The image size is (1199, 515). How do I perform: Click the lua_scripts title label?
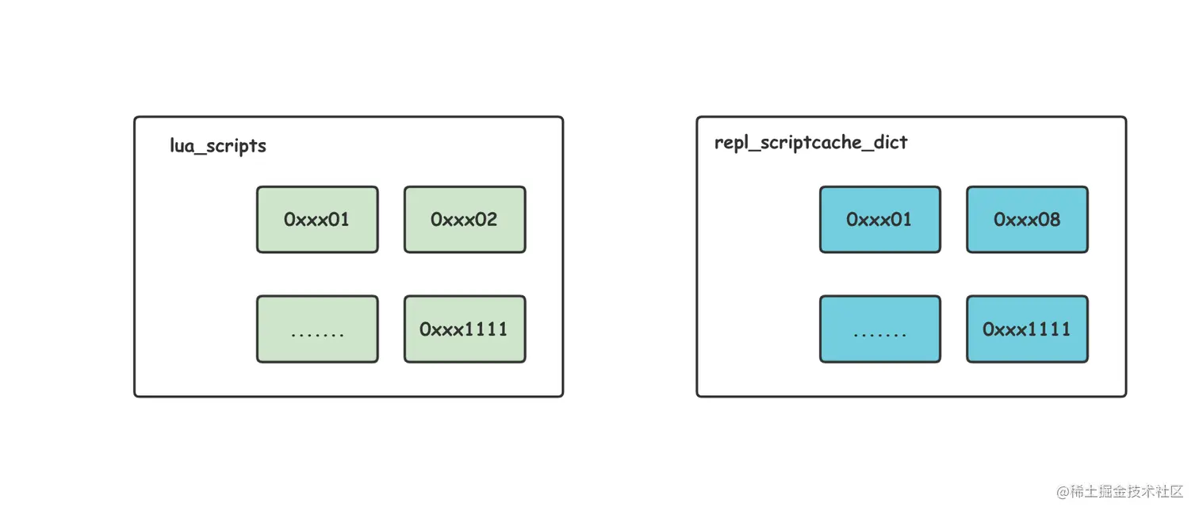(218, 146)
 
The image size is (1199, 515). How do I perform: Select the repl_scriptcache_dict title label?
(811, 143)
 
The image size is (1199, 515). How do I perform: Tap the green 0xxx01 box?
(317, 219)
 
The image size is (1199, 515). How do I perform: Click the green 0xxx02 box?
(465, 219)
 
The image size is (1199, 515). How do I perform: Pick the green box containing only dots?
(317, 329)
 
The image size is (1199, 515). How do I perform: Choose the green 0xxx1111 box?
(465, 329)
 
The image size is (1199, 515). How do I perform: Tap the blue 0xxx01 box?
(880, 219)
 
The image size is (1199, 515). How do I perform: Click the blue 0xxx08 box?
(1027, 219)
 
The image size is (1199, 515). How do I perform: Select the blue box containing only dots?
(880, 329)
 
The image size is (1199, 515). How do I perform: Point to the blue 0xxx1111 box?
(1027, 329)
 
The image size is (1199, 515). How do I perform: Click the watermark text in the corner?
(1119, 491)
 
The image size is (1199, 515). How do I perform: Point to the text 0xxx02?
(464, 219)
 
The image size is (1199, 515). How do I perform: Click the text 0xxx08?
(1027, 219)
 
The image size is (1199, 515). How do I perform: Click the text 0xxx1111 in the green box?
(464, 329)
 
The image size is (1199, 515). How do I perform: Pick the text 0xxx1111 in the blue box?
(1027, 329)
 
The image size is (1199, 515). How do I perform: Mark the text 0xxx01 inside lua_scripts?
(316, 219)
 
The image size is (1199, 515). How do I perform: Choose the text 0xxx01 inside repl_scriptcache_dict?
(879, 219)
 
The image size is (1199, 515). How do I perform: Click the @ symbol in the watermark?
(1063, 492)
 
